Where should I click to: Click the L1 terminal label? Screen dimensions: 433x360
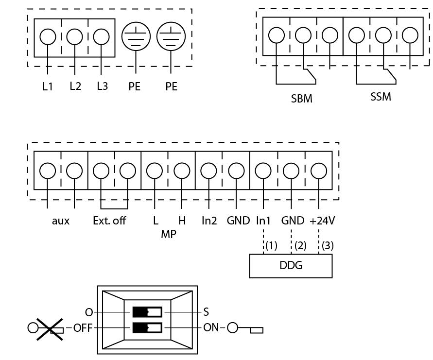(x=47, y=86)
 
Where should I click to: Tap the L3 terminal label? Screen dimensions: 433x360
(x=102, y=86)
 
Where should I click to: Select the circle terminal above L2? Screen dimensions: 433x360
(x=74, y=37)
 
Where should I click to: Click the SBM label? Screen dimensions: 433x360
(x=302, y=99)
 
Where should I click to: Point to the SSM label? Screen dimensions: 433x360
(x=381, y=97)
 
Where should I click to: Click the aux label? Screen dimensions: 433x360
(x=61, y=221)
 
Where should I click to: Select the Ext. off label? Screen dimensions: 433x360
(x=109, y=221)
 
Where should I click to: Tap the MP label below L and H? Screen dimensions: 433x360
(x=169, y=234)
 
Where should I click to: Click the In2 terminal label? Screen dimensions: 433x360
(x=209, y=221)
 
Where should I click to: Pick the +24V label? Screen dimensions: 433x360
(x=322, y=221)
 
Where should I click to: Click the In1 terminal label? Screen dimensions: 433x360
(x=263, y=221)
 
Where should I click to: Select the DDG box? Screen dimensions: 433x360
(x=291, y=266)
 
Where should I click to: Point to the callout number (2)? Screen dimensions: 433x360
(x=300, y=245)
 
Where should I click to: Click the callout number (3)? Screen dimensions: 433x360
(x=328, y=245)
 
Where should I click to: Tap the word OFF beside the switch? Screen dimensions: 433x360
(x=83, y=328)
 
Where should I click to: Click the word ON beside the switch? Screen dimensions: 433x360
(x=211, y=328)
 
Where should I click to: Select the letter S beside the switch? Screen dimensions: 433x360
(x=206, y=312)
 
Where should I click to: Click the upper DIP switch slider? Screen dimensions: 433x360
(x=147, y=312)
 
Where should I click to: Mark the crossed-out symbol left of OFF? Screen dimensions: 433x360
(x=46, y=328)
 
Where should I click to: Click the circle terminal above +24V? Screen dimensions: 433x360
(x=319, y=171)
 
